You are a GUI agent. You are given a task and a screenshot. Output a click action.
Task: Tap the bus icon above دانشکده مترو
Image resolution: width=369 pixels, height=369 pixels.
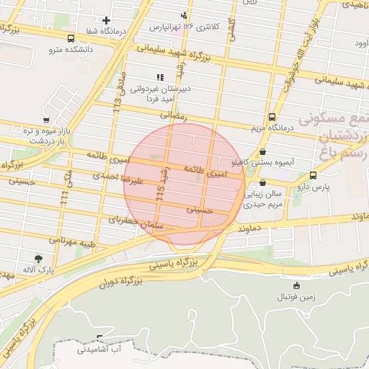(x=71, y=38)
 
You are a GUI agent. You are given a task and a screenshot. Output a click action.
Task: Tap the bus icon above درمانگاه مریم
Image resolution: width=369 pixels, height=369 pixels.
(x=272, y=117)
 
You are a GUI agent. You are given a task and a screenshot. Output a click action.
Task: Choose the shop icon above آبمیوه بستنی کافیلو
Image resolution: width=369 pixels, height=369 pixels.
(x=262, y=152)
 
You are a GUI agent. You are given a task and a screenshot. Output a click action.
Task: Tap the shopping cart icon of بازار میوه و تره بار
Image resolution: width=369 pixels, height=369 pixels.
(x=46, y=120)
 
